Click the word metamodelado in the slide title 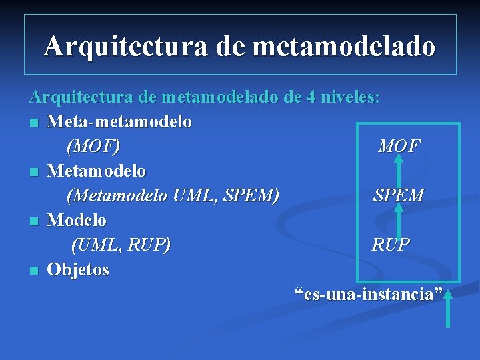tap(345, 46)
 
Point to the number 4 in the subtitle tap(311, 97)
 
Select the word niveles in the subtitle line tap(351, 97)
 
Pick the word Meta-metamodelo tap(119, 122)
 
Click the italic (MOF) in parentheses tap(93, 146)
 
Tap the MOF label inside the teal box tap(399, 146)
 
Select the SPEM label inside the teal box tap(398, 195)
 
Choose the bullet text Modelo tap(77, 220)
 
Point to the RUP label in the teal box tap(391, 245)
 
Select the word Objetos tap(78, 269)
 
